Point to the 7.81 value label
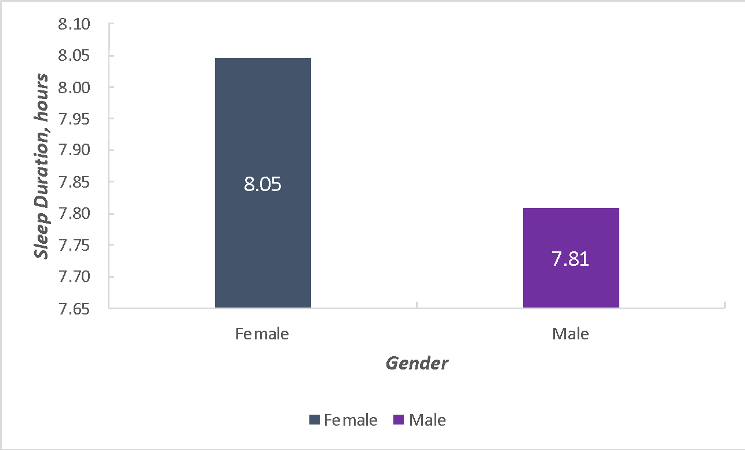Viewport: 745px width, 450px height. tap(571, 259)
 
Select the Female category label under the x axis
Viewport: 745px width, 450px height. tap(262, 334)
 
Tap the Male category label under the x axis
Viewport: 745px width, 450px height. tap(571, 334)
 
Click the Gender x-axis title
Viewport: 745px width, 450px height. tap(417, 364)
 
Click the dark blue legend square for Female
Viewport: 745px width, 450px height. tap(315, 420)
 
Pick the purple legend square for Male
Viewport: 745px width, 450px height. tap(399, 420)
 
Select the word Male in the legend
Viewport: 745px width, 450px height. tap(428, 420)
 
